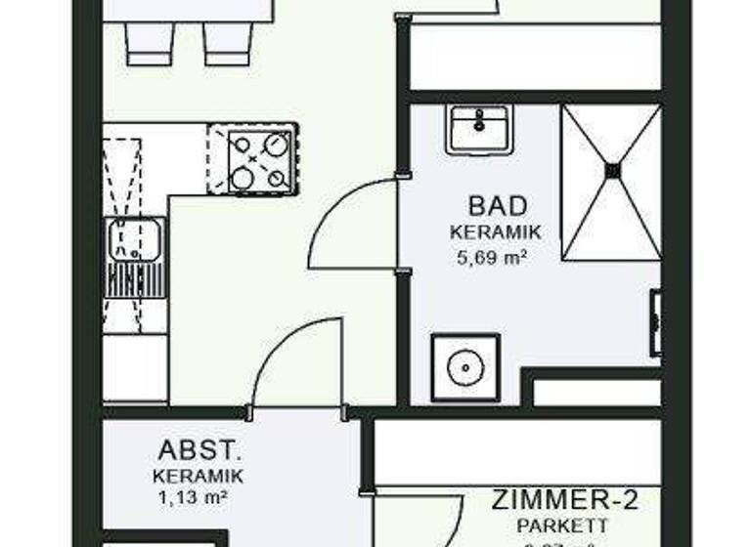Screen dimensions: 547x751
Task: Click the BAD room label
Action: click(499, 206)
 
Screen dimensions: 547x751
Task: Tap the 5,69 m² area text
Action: click(493, 258)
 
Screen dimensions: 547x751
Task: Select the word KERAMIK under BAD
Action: click(497, 233)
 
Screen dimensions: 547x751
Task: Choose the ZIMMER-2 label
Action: click(566, 502)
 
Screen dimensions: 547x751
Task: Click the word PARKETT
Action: click(556, 526)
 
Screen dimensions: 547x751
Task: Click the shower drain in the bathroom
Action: click(612, 170)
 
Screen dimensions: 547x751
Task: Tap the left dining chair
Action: click(151, 44)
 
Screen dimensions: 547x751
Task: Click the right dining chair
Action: click(227, 44)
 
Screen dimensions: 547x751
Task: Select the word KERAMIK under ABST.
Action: click(198, 476)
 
